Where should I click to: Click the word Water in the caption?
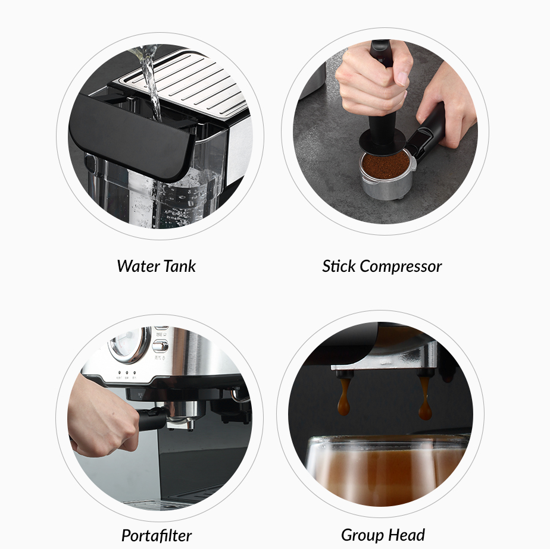point(135,266)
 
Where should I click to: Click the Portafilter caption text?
point(157,535)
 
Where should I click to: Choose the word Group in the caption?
point(361,535)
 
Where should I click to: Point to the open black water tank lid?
point(131,137)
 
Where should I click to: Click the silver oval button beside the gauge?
point(160,345)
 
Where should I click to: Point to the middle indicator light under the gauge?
point(127,374)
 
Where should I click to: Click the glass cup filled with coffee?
point(387,470)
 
